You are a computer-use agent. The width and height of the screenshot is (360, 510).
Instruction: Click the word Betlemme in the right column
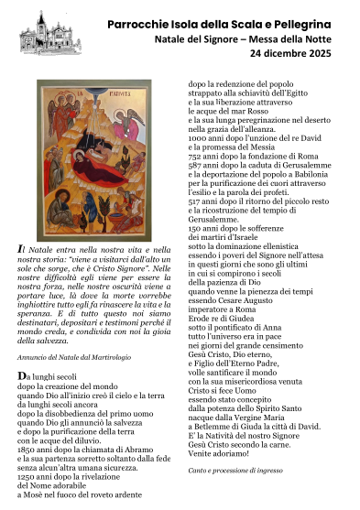[x=213, y=425]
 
